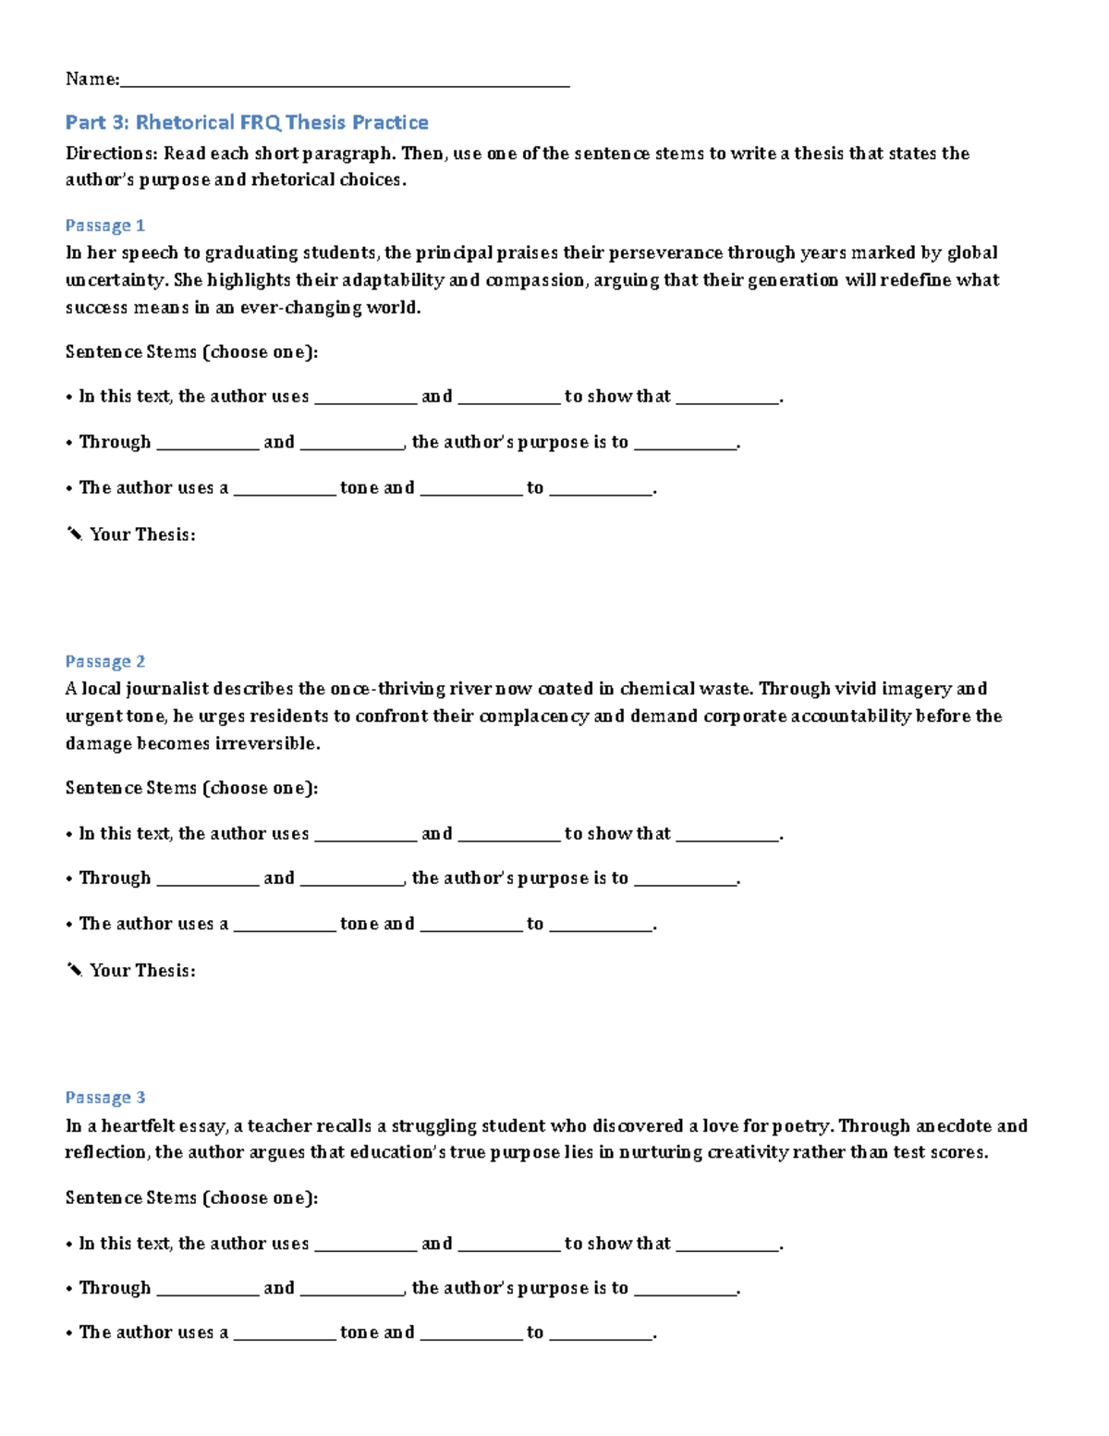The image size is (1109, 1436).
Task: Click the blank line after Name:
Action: coord(344,81)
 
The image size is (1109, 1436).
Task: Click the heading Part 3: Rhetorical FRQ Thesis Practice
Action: coord(247,122)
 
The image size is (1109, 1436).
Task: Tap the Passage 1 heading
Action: coord(104,226)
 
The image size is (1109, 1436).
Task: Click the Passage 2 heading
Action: coord(104,661)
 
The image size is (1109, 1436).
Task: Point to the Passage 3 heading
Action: coord(104,1098)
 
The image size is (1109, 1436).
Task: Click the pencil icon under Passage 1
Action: coord(75,534)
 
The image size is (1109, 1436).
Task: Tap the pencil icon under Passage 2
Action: coord(75,970)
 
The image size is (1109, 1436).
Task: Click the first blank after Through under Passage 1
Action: coord(207,444)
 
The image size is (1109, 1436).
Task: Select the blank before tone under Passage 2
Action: coord(284,926)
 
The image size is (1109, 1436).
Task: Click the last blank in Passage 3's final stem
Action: coord(601,1334)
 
